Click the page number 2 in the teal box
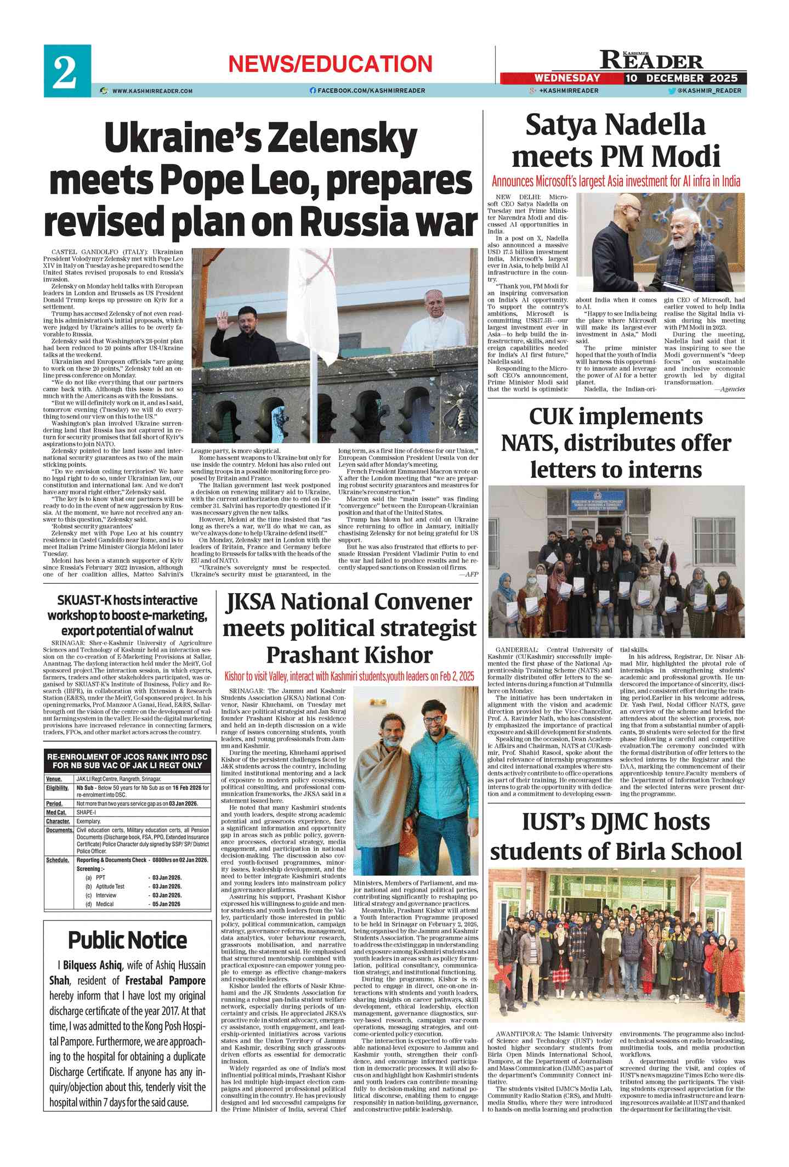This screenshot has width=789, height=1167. [x=65, y=71]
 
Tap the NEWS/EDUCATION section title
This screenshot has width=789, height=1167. [x=330, y=64]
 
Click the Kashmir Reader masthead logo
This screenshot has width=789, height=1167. [x=651, y=60]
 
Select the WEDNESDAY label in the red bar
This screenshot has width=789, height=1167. [x=567, y=78]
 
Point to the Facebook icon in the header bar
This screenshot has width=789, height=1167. [x=313, y=91]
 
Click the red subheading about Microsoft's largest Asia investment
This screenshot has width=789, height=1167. [x=616, y=182]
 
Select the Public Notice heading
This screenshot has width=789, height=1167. [x=127, y=940]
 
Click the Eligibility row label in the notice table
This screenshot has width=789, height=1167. [x=58, y=788]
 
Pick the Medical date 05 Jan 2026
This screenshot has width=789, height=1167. [x=166, y=904]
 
